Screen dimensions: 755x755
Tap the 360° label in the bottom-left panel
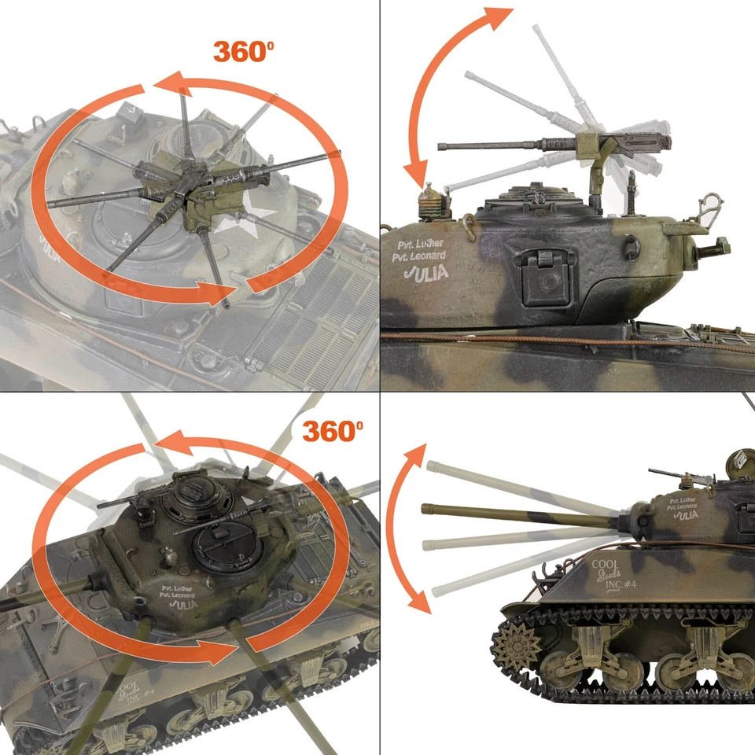click(332, 431)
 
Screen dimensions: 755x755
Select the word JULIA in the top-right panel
click(425, 273)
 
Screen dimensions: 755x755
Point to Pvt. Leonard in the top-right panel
click(418, 256)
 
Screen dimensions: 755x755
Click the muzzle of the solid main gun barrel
click(425, 509)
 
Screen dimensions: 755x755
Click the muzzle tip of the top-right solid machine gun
click(440, 146)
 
